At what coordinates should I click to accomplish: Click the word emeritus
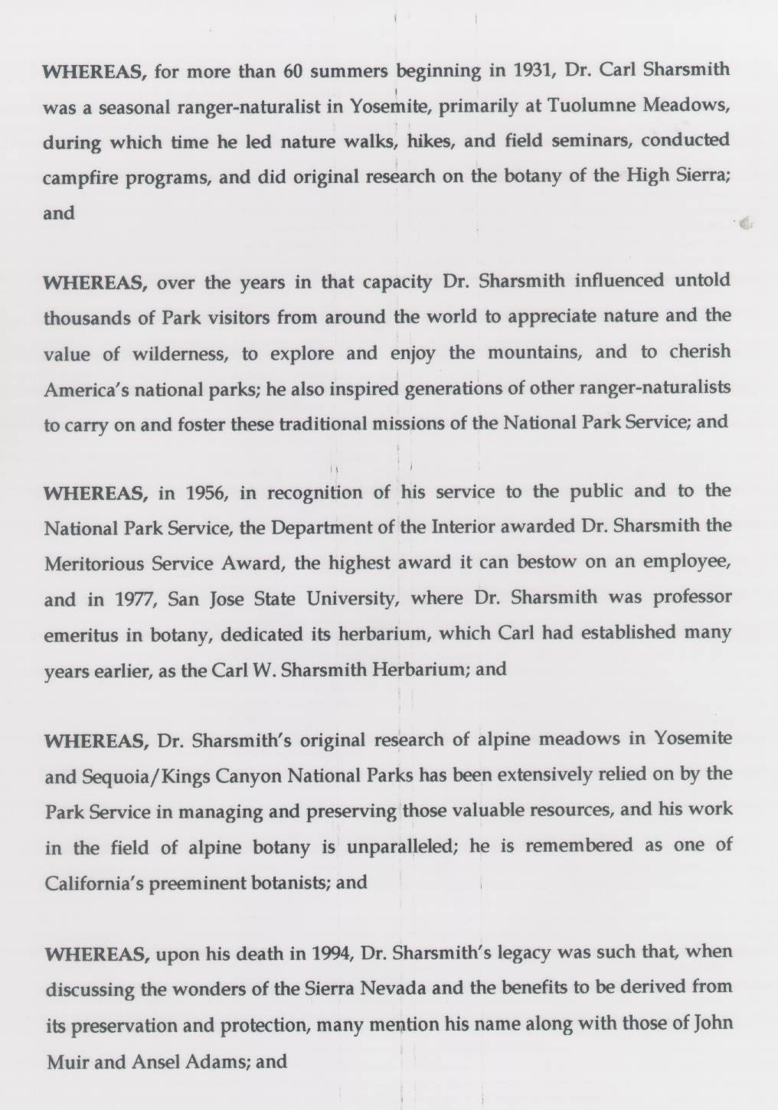coord(77,634)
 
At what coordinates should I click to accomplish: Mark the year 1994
coord(331,953)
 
